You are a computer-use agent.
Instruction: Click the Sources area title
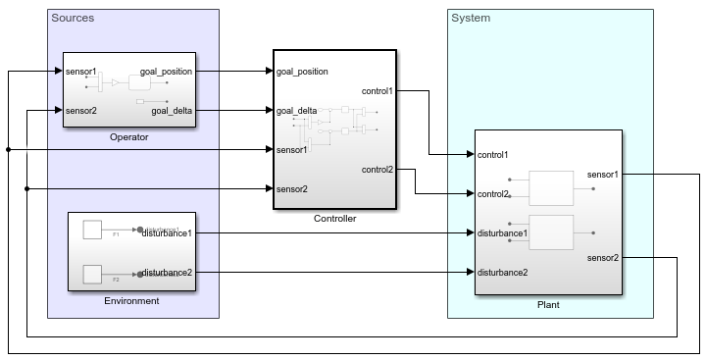point(72,18)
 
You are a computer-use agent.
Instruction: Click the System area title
point(471,18)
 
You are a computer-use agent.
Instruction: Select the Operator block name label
point(129,137)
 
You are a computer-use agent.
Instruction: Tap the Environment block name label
point(131,300)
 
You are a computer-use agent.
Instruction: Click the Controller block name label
point(334,218)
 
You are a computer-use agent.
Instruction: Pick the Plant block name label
point(548,305)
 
